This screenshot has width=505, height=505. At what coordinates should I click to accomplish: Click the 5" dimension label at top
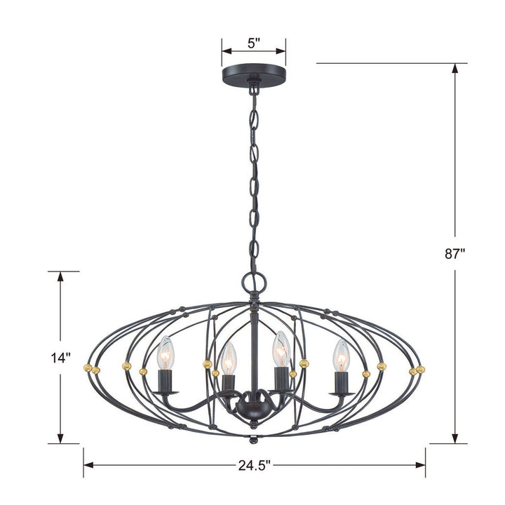(x=254, y=43)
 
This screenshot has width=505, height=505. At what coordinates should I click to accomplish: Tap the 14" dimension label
(x=62, y=357)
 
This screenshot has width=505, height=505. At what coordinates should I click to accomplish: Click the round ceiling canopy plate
(x=254, y=75)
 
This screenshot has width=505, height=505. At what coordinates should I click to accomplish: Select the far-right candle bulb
(x=341, y=355)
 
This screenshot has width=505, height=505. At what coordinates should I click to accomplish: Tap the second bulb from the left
(x=227, y=358)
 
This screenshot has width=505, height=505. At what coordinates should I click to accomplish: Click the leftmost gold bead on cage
(x=87, y=367)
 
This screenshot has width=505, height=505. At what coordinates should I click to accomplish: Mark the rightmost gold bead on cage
(x=421, y=368)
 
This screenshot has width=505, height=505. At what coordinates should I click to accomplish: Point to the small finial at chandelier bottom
(x=254, y=440)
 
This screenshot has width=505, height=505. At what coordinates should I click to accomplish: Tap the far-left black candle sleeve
(x=166, y=382)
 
